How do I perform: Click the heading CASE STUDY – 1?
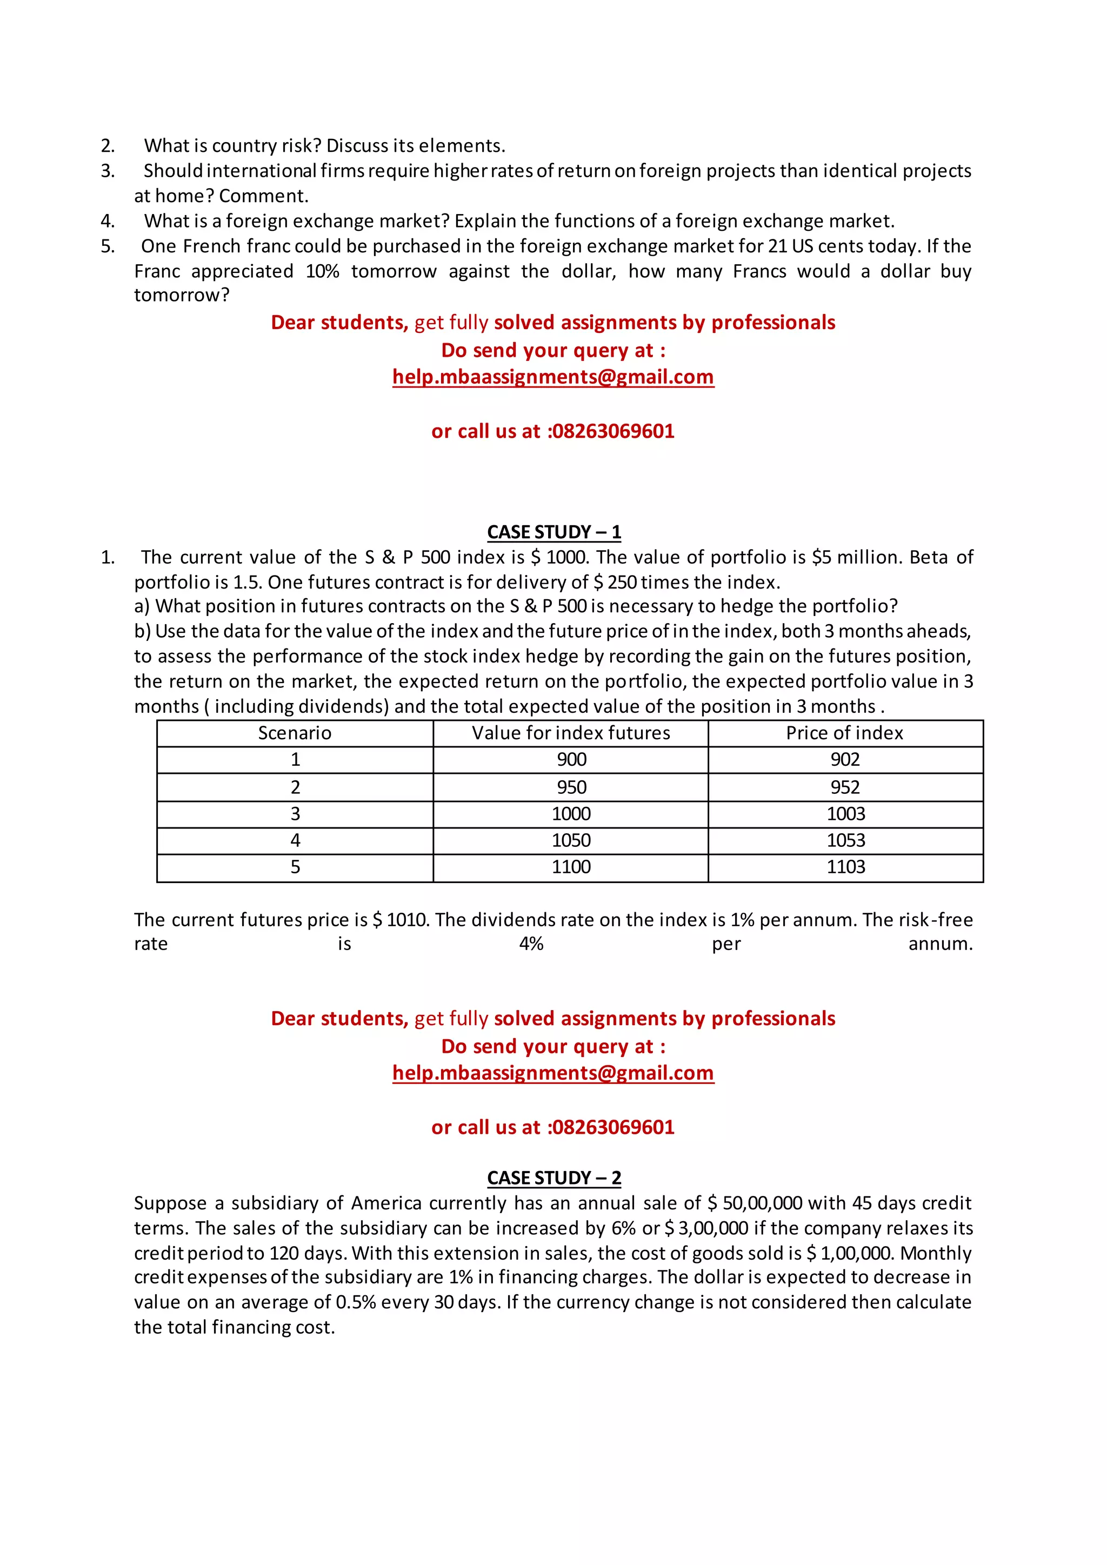[553, 532]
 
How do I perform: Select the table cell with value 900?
[571, 759]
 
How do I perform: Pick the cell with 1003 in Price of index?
[845, 814]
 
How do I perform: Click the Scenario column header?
[295, 733]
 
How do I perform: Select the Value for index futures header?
[571, 733]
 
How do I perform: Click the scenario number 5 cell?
[295, 867]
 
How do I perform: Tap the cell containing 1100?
[571, 867]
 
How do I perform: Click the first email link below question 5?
[553, 377]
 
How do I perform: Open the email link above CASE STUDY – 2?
[553, 1073]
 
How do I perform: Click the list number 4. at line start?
[108, 221]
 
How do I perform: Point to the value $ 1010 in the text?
[400, 920]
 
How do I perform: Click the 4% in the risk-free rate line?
[531, 944]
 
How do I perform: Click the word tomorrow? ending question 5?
[181, 295]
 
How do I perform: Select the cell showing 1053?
[845, 840]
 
